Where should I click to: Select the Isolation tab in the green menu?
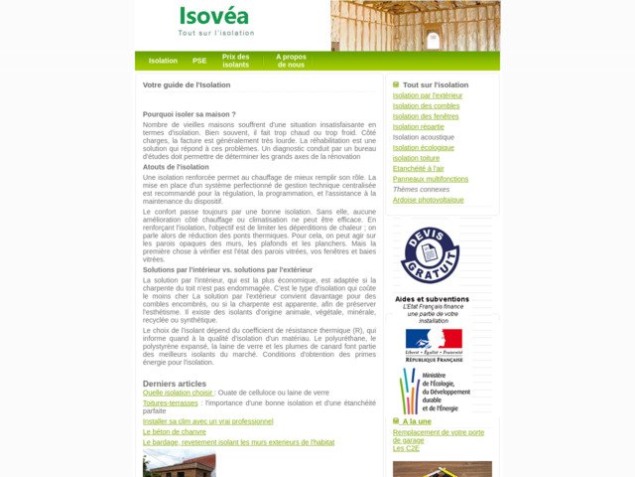point(163,61)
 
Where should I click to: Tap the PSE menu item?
point(199,61)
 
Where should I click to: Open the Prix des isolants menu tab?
point(236,61)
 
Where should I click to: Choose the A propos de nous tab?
point(291,61)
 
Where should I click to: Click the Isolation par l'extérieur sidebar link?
point(427,95)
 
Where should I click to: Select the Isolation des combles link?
point(426,105)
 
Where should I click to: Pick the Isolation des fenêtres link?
point(426,116)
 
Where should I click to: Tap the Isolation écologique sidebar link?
point(424,147)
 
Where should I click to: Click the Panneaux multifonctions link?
point(430,179)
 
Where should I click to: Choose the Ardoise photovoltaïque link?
point(428,200)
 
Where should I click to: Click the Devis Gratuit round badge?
point(430,255)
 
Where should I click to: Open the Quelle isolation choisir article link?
point(179,393)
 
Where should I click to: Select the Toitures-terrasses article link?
point(171,402)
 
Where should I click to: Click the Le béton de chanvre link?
point(175,431)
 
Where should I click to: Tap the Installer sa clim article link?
point(207,421)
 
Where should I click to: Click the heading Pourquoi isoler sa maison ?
point(189,114)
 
